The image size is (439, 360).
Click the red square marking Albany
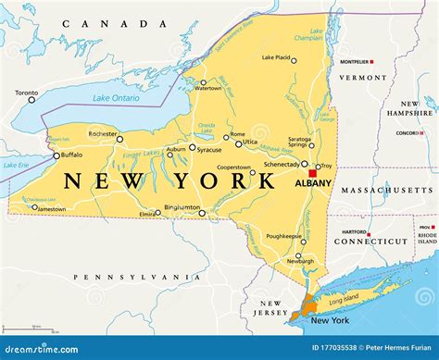(313, 172)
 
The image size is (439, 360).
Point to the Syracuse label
(209, 149)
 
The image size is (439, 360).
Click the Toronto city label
(26, 93)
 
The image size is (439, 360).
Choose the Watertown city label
(209, 88)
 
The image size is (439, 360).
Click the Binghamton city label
(182, 207)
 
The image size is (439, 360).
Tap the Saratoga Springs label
(297, 141)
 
